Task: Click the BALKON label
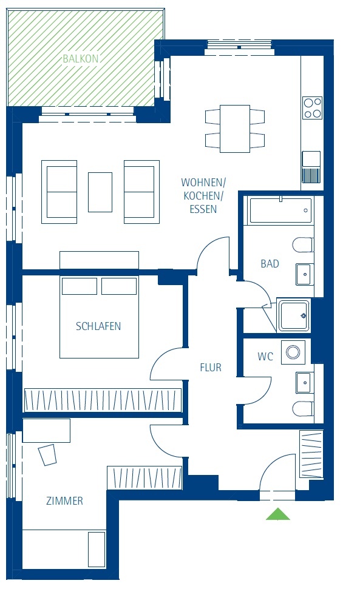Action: click(80, 59)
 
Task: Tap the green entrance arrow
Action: click(277, 514)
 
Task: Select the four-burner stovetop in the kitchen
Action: click(313, 108)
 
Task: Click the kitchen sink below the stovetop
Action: click(311, 167)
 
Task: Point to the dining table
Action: click(235, 129)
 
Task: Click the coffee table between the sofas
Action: click(100, 192)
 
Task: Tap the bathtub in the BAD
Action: click(280, 210)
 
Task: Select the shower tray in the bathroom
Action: click(293, 315)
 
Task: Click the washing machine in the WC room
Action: click(293, 352)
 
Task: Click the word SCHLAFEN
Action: click(98, 326)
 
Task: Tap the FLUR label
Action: click(211, 368)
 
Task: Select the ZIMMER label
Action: click(64, 500)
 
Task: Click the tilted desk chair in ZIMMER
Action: click(47, 455)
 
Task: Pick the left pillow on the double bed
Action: click(80, 286)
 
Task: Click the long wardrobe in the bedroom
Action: click(103, 400)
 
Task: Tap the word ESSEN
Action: click(203, 209)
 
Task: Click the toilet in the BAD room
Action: click(303, 245)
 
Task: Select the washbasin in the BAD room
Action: click(304, 274)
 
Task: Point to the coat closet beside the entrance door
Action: click(311, 454)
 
